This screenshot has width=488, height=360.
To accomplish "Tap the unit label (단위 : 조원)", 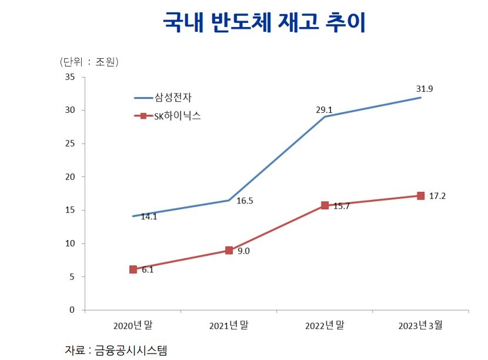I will [89, 61].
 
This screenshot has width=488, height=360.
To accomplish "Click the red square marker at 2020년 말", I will [133, 269].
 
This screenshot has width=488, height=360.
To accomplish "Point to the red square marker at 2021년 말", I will [229, 250].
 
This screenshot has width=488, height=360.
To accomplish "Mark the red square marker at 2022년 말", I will [325, 205].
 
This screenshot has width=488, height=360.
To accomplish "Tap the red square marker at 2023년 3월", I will [420, 195].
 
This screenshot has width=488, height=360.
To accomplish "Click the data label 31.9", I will [425, 89].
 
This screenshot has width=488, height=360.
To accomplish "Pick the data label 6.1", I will [148, 270].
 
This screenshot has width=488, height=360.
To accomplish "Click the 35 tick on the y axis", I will [69, 77].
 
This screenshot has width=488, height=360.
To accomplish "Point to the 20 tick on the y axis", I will [69, 177].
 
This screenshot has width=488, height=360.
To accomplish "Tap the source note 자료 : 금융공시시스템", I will [116, 350].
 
